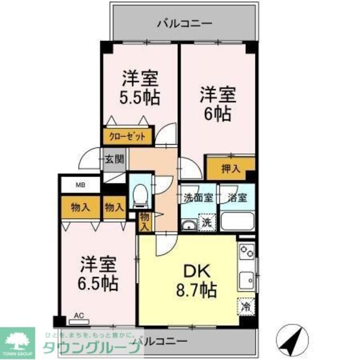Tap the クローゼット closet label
127,136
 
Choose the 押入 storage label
231,167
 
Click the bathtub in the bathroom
237,220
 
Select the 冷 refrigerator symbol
245,307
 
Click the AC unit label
79,317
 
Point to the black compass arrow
292,339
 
